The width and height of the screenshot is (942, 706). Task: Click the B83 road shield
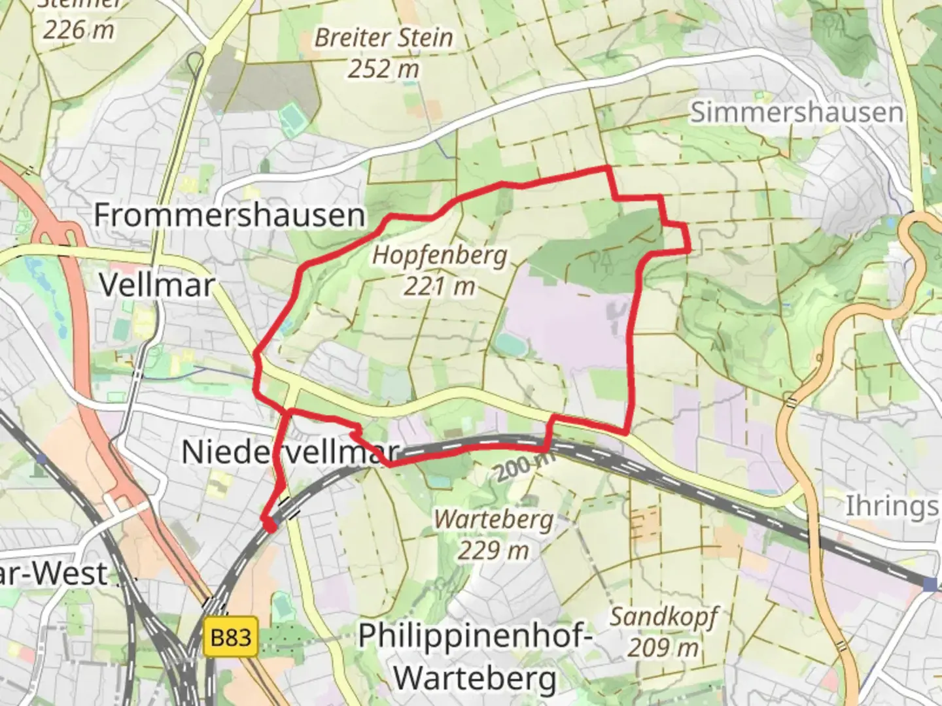pos(231,636)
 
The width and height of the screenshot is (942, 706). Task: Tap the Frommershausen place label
pos(229,214)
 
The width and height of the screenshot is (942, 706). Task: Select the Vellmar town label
pos(156,285)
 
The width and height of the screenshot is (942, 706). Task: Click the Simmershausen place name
pos(796,112)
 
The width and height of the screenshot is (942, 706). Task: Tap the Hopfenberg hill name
pos(440,254)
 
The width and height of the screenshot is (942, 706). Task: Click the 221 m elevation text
pos(439,286)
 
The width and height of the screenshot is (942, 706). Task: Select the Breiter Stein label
pos(383,37)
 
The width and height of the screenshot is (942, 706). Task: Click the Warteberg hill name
pos(494,520)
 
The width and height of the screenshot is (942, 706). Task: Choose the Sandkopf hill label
pos(663,616)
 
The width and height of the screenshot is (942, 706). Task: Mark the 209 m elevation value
pos(663,647)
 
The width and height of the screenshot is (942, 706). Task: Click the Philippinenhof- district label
pos(476,635)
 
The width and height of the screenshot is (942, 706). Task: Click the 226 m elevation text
pos(78,29)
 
